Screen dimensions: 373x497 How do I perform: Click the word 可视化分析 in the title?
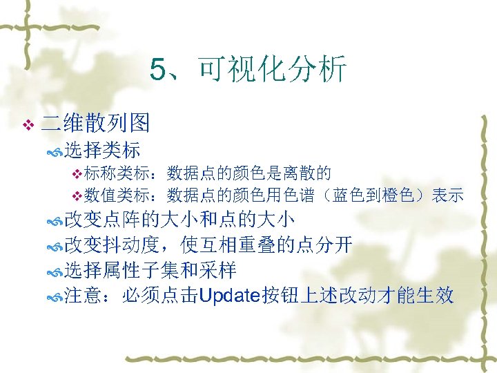point(271,70)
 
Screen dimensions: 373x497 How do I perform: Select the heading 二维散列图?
point(96,124)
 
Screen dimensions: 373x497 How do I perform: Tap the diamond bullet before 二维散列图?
point(28,125)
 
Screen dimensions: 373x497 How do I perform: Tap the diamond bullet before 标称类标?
point(77,173)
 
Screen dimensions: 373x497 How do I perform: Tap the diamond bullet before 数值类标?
point(77,195)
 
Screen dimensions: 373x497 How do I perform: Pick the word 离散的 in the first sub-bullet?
point(311,172)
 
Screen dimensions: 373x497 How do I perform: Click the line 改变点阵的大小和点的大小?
point(179,220)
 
